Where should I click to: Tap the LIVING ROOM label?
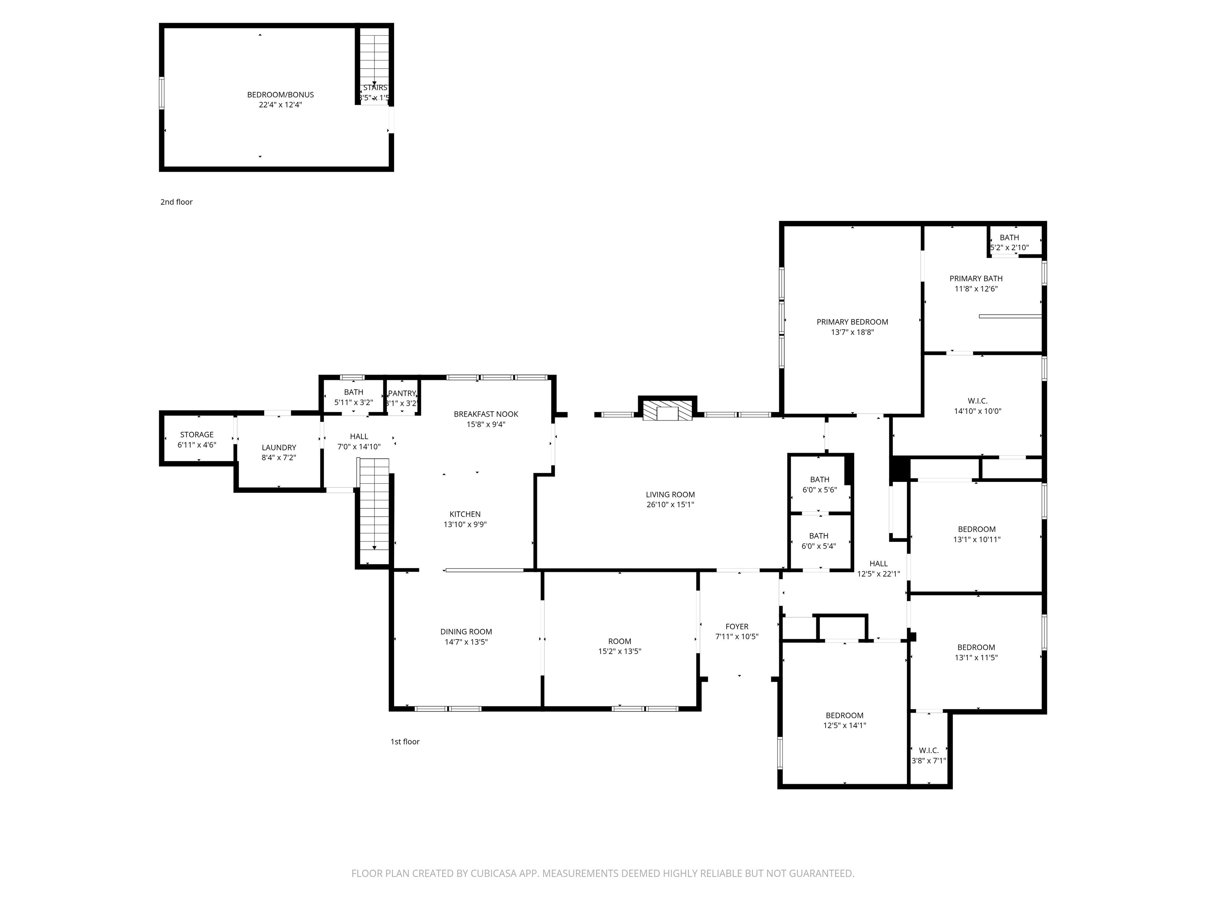tap(670, 495)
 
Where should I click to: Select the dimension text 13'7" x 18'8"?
tap(852, 332)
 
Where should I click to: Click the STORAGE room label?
tap(197, 435)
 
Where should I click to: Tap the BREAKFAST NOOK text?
tap(486, 414)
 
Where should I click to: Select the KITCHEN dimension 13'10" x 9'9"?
tap(465, 525)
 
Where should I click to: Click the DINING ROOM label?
tap(466, 632)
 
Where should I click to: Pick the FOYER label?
tap(736, 627)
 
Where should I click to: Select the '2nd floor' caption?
tap(176, 202)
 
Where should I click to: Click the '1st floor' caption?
tap(404, 742)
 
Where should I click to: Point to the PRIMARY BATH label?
tap(976, 279)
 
